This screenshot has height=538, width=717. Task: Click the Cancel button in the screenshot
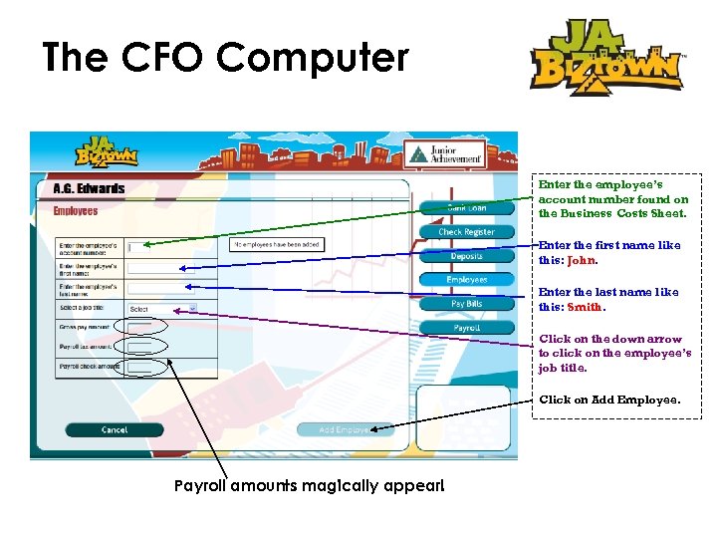pos(115,430)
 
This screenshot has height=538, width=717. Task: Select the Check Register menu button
pos(466,232)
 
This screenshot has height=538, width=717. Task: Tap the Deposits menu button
pos(466,256)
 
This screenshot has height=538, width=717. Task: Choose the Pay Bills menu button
pos(466,304)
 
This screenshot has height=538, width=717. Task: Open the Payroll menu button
pos(466,328)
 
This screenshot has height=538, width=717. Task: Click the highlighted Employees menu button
pos(466,280)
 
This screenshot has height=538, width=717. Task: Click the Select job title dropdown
pos(162,309)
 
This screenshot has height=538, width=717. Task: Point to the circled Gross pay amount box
pos(139,327)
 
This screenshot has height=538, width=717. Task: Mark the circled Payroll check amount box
pos(139,368)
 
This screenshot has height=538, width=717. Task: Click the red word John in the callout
pos(581,260)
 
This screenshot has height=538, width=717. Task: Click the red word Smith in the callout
pos(585,307)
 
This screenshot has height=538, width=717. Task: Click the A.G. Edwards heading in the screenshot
pos(89,189)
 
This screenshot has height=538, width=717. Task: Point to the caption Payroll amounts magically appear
pos(309,487)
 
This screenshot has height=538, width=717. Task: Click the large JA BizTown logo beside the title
pos(605,58)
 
